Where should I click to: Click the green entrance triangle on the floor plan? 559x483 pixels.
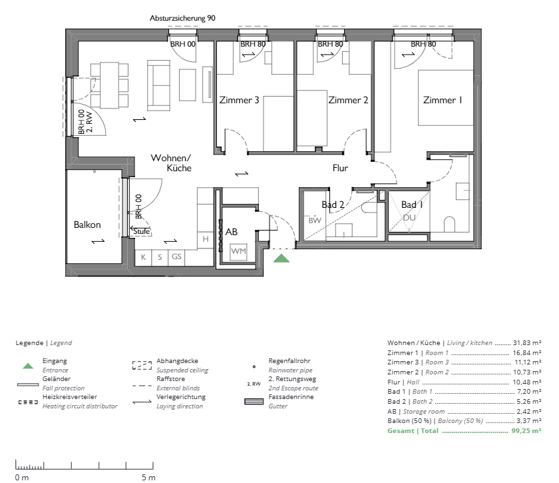point(281,258)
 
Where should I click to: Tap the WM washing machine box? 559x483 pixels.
point(238,251)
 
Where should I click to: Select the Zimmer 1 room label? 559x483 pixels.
point(443,100)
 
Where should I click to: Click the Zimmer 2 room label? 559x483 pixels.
point(348,100)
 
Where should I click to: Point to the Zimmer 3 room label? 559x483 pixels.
point(239,100)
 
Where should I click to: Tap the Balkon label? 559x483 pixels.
point(87,225)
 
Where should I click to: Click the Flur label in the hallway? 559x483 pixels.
point(340,168)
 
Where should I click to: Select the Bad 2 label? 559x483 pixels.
point(333,205)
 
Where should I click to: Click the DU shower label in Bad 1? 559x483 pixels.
point(409,218)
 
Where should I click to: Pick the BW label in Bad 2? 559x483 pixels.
point(315,221)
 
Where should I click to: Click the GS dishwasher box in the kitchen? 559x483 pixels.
point(176,256)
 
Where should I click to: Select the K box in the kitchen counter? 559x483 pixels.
point(143,257)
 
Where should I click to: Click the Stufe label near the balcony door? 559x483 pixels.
point(142,231)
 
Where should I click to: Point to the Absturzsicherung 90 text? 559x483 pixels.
point(182,18)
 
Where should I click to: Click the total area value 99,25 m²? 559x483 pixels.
point(526,430)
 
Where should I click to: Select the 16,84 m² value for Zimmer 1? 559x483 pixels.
point(527,352)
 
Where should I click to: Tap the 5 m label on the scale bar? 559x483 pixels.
point(148,477)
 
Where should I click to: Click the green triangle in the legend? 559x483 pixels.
point(28,366)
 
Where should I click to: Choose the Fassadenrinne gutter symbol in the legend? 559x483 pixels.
point(254,402)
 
